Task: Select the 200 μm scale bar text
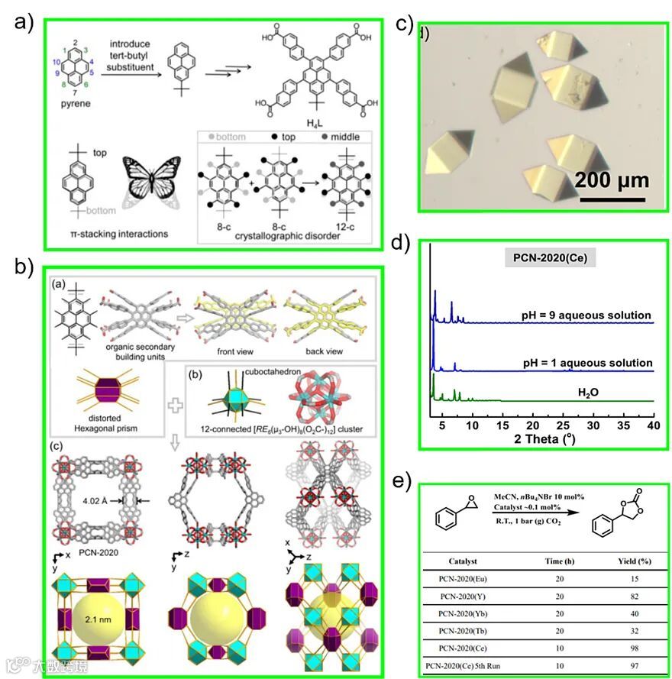pyautogui.click(x=611, y=180)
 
